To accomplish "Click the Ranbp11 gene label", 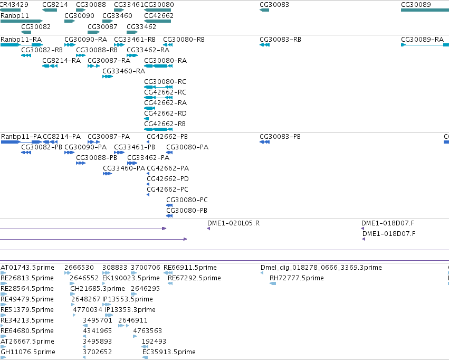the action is coord(15,16).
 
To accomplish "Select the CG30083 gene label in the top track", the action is coord(274,5).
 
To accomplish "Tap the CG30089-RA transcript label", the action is coord(423,40).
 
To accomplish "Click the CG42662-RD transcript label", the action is coord(165,113).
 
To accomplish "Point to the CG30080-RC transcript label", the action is coord(165,82).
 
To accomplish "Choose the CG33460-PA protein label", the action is coord(124,168).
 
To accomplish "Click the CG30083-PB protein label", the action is coord(280,137).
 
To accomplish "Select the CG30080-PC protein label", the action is coord(187,200).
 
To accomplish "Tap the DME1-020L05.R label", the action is coord(233,223).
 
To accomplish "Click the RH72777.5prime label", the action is coord(297,278).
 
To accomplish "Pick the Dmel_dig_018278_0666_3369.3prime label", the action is coord(321,268).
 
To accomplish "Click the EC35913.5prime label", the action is coord(169,352).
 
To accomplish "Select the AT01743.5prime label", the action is coord(27,268).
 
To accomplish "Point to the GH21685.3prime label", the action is coord(98,289).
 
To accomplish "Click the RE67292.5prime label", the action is coord(194,278).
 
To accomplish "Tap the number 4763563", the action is coord(148,331).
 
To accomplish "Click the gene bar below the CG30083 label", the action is coord(264,11).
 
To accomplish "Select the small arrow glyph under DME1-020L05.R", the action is coord(209,229).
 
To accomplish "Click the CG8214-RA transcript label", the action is coord(62,61).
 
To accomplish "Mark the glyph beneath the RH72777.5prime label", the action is coord(273,283).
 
